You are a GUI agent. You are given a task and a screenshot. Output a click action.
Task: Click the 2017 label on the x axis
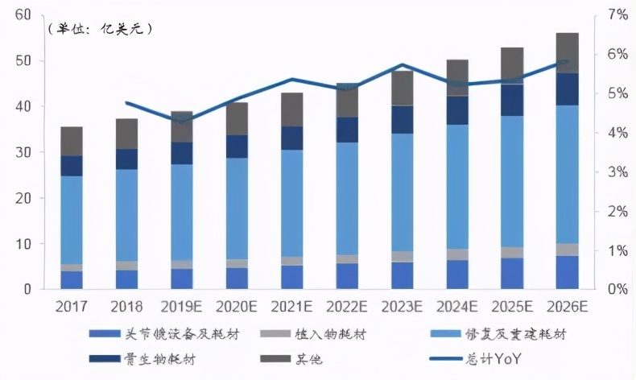pyautogui.click(x=72, y=307)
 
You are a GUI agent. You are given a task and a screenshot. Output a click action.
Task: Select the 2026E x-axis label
pyautogui.click(x=567, y=307)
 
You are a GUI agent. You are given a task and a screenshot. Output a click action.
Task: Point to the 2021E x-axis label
pyautogui.click(x=292, y=307)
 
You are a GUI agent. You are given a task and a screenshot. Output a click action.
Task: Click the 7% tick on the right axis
pyautogui.click(x=617, y=15)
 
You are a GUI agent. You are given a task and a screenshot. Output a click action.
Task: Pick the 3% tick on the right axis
pyautogui.click(x=617, y=172)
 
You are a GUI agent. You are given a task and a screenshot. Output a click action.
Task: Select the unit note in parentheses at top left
pyautogui.click(x=100, y=29)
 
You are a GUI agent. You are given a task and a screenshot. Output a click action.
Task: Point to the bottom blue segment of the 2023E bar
pyautogui.click(x=402, y=275)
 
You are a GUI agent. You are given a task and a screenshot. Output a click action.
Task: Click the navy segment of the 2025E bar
pyautogui.click(x=512, y=100)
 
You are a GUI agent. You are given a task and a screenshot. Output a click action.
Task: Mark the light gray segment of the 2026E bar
pyautogui.click(x=567, y=250)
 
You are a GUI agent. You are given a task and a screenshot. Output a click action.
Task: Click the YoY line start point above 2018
pyautogui.click(x=127, y=102)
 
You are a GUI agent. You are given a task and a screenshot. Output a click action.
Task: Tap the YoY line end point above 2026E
pyautogui.click(x=567, y=61)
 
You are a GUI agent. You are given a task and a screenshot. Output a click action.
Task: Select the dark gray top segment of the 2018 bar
pyautogui.click(x=127, y=134)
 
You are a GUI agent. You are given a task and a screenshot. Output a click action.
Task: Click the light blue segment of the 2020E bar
pyautogui.click(x=237, y=209)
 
